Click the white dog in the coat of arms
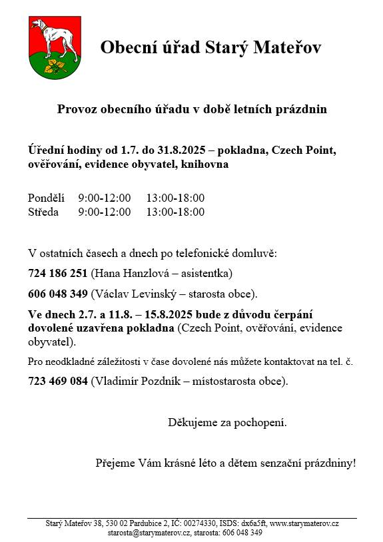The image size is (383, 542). pyautogui.click(x=46, y=37)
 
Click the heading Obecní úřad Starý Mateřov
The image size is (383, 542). pyautogui.click(x=210, y=47)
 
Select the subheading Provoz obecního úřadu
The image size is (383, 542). pyautogui.click(x=192, y=109)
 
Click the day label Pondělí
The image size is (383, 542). pyautogui.click(x=46, y=198)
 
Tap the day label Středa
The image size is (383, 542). pyautogui.click(x=43, y=212)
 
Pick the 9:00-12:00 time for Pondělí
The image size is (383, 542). pyautogui.click(x=105, y=198)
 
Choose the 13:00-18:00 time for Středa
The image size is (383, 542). pyautogui.click(x=175, y=212)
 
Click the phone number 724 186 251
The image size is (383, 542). pyautogui.click(x=58, y=273)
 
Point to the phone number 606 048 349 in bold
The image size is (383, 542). pyautogui.click(x=58, y=294)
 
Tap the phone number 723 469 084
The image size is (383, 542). pyautogui.click(x=58, y=382)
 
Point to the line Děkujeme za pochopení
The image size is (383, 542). pyautogui.click(x=227, y=422)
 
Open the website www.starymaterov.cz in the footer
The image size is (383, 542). pyautogui.click(x=304, y=524)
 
